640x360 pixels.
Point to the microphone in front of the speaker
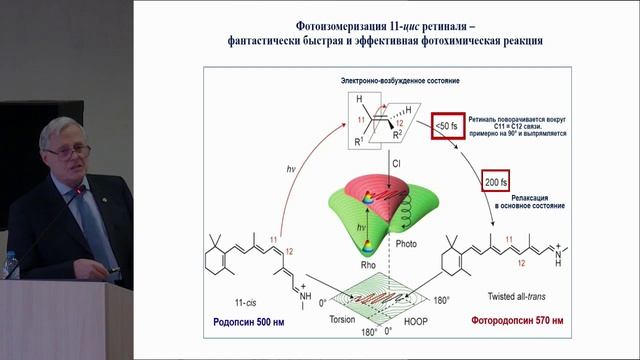[95, 190]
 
